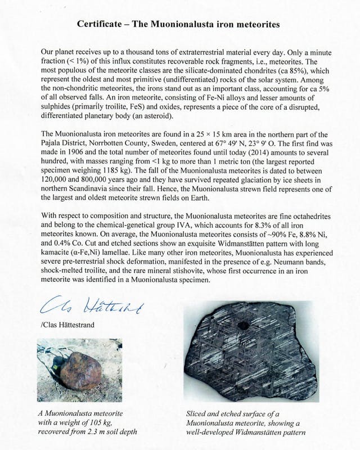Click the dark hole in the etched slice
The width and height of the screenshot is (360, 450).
tap(244, 325)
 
